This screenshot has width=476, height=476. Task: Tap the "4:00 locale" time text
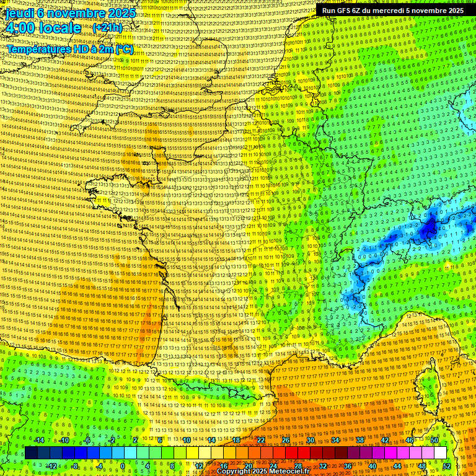[x=43, y=29]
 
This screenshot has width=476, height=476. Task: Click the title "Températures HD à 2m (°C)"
[x=69, y=49]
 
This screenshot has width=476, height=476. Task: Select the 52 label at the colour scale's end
[x=447, y=466]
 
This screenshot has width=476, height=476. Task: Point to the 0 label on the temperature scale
[x=122, y=466]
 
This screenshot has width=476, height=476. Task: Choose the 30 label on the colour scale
[x=311, y=441]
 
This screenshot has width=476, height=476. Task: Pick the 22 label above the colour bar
[x=261, y=441]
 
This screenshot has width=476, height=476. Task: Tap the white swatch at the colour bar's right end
[x=440, y=453]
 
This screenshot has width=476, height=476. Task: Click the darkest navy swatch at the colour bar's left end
[x=31, y=453]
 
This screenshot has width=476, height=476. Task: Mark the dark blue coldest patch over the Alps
[x=428, y=229]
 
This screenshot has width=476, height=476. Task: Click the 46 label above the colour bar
[x=410, y=441]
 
